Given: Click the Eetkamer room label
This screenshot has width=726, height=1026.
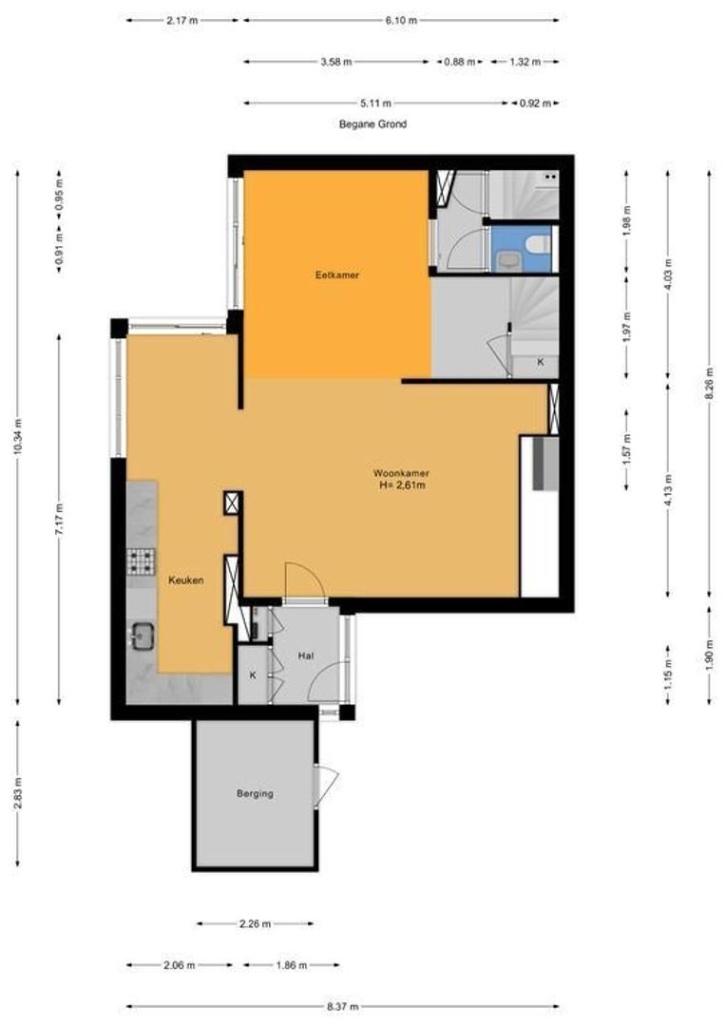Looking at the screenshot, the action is (337, 275).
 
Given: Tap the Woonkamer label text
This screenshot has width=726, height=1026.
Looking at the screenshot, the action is (401, 473).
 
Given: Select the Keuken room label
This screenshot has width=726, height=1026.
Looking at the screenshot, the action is (186, 580).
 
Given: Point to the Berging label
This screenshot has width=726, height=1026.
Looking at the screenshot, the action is (255, 793).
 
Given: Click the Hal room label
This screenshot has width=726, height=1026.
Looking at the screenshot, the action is (306, 655).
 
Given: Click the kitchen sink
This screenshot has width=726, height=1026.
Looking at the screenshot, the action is (143, 636).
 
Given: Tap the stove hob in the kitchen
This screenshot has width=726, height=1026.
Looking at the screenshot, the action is (141, 561).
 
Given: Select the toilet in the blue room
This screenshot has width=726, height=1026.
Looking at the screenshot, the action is (539, 245).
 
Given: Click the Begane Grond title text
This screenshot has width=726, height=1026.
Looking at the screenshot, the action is (373, 123).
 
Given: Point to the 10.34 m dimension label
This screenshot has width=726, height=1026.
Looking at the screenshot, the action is (18, 436).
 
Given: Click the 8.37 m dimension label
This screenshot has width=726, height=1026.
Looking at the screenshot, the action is (342, 1006).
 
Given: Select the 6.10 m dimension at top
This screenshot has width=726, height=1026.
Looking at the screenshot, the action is (401, 20).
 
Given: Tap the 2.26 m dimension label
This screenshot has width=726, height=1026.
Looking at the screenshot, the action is (255, 924).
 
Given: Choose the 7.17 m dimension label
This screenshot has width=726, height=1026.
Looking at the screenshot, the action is (59, 521).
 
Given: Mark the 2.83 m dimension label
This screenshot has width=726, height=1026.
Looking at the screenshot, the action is (18, 793).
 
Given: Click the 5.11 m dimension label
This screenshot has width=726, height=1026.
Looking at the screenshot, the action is (375, 103).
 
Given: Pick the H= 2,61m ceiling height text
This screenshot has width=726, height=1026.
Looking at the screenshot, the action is (402, 485).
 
